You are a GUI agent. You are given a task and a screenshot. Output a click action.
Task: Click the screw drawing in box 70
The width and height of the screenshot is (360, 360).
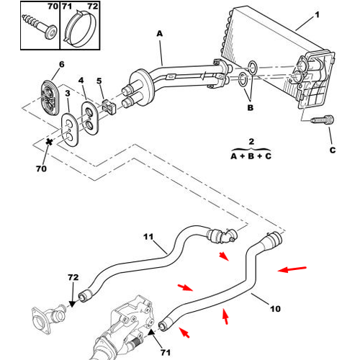pos(40,27)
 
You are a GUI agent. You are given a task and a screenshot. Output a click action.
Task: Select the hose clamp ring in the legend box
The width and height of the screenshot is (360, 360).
pos(81,28)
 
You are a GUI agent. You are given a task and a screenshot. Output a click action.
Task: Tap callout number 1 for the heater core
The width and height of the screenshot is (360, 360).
pos(317,15)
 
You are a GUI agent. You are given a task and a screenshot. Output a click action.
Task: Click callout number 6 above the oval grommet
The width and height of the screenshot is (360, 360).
pos(62,64)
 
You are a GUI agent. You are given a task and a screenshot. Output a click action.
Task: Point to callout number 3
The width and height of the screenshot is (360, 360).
pos(68,93)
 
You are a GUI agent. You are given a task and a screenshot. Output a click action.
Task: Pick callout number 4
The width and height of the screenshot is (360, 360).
pos(81,80)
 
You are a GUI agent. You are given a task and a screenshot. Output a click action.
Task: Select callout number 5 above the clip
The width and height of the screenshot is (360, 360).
pos(99,81)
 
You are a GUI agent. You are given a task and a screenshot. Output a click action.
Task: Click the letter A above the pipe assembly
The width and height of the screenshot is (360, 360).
pos(160,34)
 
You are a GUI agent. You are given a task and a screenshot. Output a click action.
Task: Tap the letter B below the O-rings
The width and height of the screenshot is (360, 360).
pos(251,107)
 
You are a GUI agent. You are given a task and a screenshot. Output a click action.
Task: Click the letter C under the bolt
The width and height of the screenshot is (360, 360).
pos(333,150)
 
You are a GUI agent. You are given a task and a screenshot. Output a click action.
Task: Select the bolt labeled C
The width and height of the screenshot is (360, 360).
pos(323,120)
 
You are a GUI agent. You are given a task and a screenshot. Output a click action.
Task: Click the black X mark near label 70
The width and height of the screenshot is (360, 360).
pos(49,142)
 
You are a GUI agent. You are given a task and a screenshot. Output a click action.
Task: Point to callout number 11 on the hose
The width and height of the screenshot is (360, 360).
pos(148,237)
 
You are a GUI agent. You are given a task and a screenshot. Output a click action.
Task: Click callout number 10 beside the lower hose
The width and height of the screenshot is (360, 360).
pos(275,309)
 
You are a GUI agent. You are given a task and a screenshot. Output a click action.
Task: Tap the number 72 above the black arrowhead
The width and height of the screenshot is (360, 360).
pos(73,277)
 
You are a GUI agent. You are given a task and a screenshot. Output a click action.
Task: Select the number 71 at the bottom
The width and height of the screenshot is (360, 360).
pos(166,353)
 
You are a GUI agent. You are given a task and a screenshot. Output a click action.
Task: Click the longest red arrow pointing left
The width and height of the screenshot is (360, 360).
pos(292,269)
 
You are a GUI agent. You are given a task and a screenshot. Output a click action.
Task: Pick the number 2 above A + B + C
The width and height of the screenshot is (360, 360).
pos(251,141)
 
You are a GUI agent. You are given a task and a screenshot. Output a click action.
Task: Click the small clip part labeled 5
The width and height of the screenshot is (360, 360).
pos(109,107)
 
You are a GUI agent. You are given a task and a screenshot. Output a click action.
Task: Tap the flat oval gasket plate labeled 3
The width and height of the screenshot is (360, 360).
pos(69,130)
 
